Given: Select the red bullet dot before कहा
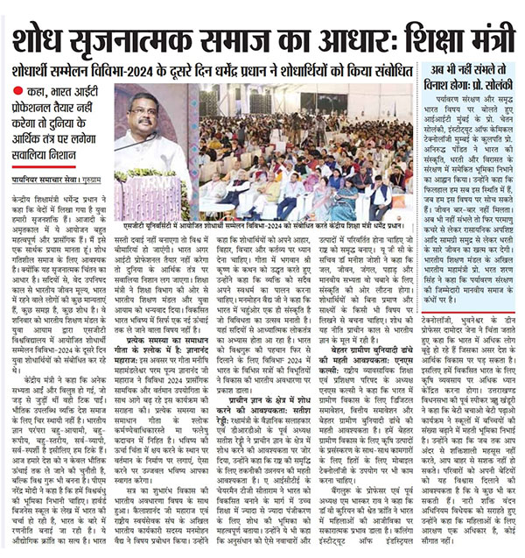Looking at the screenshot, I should click(x=18, y=91).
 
